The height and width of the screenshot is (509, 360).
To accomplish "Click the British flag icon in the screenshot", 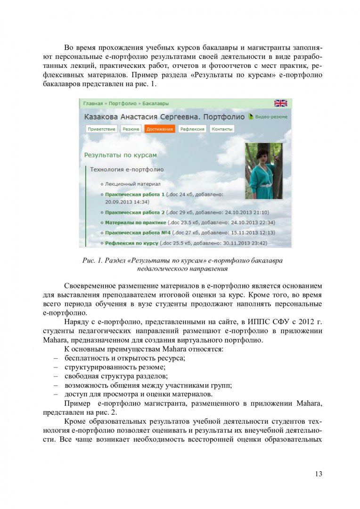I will pos(280,103).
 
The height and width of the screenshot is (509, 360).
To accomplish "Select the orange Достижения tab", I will pos(159,129).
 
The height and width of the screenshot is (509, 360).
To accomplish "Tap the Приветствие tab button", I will pos(101,129).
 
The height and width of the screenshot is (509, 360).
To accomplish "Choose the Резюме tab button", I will pos(131,129).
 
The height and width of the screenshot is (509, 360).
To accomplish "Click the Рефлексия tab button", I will pos(192,129).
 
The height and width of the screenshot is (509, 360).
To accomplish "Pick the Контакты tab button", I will pos(221,129).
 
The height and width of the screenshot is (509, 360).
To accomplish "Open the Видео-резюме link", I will pos(270,116).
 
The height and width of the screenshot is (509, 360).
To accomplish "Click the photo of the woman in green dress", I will pos(263,172).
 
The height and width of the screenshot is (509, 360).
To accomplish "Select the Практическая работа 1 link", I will pos(135,194).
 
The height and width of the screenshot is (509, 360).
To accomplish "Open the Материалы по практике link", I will pos(135,222).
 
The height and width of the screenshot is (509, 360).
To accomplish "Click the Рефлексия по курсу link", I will pos(131,243).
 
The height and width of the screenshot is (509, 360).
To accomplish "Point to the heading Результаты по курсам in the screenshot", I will pos(120,155).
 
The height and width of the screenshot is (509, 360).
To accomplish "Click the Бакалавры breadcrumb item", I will pos(155,104).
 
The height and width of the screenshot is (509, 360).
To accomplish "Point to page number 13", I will pos(319,474).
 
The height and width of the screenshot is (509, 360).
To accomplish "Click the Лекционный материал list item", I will pos(133,184).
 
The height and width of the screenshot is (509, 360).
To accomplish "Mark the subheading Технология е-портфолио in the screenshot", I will pos(127,169).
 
